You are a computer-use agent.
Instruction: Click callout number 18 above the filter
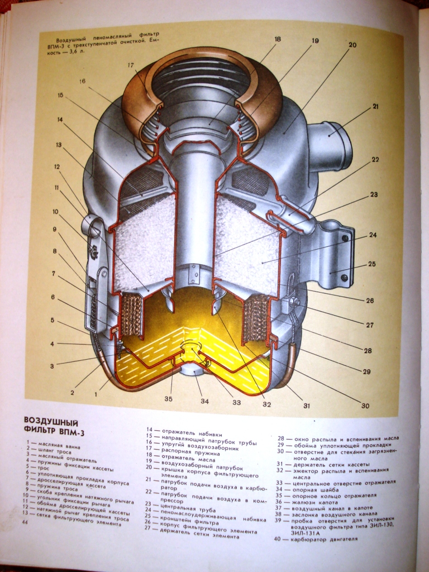278,40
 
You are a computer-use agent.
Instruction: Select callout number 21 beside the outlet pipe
375,106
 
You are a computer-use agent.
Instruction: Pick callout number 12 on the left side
56,166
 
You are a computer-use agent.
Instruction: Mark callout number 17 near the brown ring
131,65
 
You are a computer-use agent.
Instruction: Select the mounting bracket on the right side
330,251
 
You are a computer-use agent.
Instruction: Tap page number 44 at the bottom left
25,522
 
